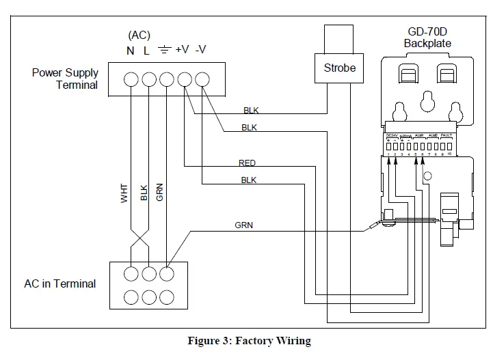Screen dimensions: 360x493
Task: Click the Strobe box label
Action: click(340, 68)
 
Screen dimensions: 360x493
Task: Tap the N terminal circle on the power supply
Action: click(131, 80)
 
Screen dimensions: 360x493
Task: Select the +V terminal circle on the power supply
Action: click(184, 80)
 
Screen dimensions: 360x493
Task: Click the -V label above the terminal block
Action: click(202, 51)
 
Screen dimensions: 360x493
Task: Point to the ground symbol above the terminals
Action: click(164, 51)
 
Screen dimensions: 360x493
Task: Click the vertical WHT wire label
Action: click(124, 192)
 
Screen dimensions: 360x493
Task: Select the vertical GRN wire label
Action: click(160, 192)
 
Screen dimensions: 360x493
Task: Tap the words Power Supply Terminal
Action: click(65, 79)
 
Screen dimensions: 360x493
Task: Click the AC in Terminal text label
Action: click(60, 283)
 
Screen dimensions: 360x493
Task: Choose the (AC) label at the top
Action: click(139, 35)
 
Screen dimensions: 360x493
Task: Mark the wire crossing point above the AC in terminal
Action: click(139, 240)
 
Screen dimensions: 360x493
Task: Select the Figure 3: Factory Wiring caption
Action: click(250, 341)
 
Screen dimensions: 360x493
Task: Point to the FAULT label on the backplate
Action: click(447, 135)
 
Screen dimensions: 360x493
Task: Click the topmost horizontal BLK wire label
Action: click(251, 110)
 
